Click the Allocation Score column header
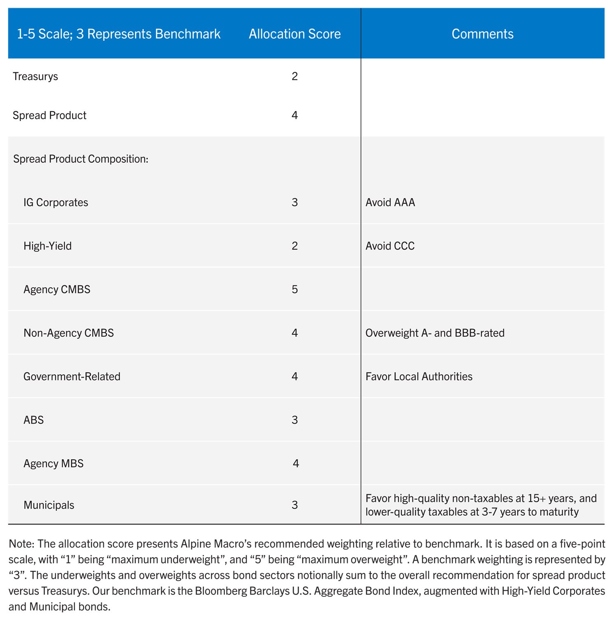(294, 34)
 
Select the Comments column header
(482, 34)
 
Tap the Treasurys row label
(35, 77)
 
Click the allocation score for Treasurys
(294, 76)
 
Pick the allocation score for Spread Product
(294, 115)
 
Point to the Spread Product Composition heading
(81, 159)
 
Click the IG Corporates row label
(56, 202)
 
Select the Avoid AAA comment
(390, 202)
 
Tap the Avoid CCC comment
(390, 246)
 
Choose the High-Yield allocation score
(294, 246)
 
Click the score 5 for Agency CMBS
(294, 289)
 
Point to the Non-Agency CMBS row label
(68, 333)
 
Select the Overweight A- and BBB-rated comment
(435, 333)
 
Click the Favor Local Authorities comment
(419, 377)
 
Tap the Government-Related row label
(72, 377)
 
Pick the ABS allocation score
(294, 420)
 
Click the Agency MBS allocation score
(296, 464)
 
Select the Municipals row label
(49, 505)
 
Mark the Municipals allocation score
(294, 505)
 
